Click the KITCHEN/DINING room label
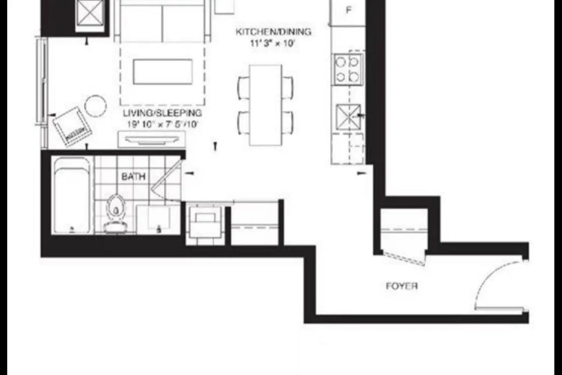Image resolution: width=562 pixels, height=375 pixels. tap(273, 31)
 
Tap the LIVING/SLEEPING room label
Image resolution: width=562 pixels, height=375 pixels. tap(162, 113)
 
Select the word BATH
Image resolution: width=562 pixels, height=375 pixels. tap(133, 176)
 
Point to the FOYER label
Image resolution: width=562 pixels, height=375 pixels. tap(402, 286)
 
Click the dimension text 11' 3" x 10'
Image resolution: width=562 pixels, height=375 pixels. tap(272, 43)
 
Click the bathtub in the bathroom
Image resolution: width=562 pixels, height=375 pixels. tap(72, 195)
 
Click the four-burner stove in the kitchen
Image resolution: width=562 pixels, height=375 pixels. tap(348, 70)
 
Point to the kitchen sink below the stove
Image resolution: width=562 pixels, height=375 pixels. tap(348, 117)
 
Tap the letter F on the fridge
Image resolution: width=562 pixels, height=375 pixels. tap(349, 10)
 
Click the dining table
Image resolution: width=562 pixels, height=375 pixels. tap(266, 105)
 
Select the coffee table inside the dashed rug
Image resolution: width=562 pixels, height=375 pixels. tap(163, 72)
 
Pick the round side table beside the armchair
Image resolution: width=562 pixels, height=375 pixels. tap(96, 105)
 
